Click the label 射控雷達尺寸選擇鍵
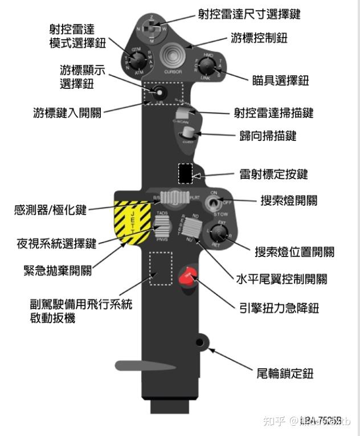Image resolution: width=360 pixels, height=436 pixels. point(249,13)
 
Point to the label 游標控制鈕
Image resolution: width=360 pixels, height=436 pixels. point(259,38)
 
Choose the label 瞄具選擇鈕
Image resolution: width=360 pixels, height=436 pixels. point(280,80)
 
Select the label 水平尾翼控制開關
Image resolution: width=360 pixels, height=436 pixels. point(281,279)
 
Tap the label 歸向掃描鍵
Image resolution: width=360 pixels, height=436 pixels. point(268,137)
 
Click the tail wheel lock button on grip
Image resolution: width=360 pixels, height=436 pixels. point(199,342)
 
